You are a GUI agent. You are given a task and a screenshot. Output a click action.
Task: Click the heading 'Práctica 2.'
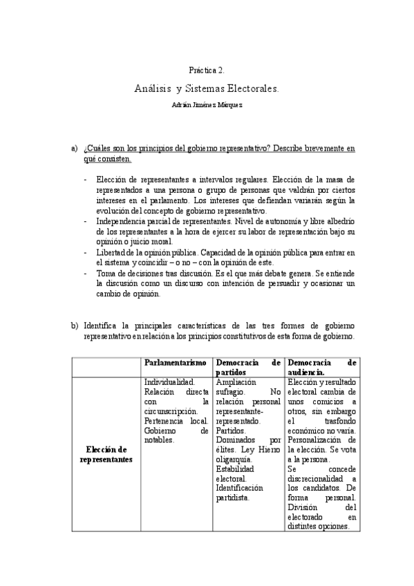point(207,70)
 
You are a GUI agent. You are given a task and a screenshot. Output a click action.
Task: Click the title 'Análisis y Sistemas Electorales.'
point(207,89)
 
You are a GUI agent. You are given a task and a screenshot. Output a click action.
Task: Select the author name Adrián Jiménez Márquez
point(207,105)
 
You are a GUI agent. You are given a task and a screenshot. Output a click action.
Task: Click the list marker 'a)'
point(74,149)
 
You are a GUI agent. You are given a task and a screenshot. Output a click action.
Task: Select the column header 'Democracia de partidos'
point(248,367)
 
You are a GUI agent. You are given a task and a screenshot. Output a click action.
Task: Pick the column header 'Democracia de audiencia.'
point(321,367)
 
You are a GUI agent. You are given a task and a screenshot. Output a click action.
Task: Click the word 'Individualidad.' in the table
point(169,381)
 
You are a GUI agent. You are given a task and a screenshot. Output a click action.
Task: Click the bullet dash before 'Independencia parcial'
point(85,221)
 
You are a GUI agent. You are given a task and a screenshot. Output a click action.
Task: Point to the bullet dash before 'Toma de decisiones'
point(85,273)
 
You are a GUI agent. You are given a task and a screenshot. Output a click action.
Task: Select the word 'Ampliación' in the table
point(236,381)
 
